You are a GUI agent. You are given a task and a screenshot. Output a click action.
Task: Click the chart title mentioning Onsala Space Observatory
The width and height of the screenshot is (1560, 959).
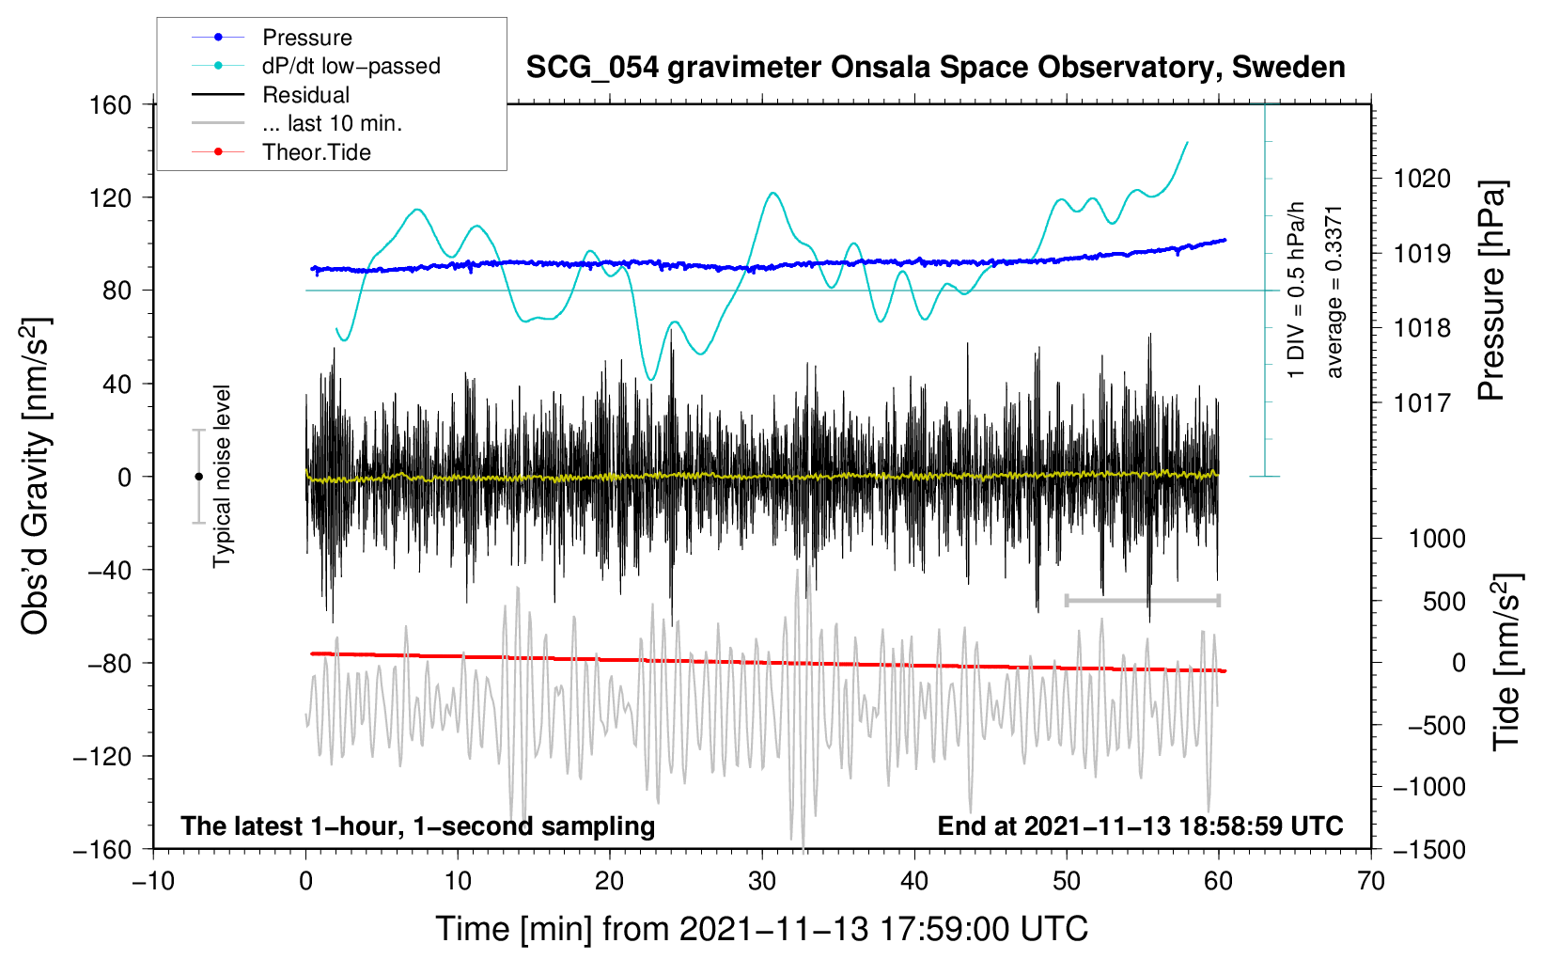[x=935, y=68]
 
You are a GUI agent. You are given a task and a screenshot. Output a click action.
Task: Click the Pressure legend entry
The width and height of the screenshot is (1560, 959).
[x=306, y=38]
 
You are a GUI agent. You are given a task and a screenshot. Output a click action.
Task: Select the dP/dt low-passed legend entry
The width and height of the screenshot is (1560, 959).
[x=351, y=66]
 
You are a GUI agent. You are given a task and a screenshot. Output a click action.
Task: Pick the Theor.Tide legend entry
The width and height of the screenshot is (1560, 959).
[x=316, y=152]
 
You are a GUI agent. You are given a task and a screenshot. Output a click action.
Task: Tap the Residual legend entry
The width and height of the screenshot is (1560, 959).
[x=305, y=95]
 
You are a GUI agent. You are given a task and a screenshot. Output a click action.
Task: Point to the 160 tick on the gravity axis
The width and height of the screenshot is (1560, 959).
[x=111, y=105]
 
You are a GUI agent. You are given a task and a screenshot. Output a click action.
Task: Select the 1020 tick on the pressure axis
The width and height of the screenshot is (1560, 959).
[x=1422, y=179]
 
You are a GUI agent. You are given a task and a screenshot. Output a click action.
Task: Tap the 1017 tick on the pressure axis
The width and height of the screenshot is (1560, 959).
[x=1422, y=403]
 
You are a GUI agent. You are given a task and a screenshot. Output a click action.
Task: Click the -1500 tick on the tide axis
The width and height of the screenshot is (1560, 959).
[x=1428, y=850]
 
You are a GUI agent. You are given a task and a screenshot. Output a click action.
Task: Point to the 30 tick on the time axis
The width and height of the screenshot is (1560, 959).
[x=762, y=882]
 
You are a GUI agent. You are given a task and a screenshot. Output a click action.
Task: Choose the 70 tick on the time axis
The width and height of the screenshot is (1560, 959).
[x=1371, y=882]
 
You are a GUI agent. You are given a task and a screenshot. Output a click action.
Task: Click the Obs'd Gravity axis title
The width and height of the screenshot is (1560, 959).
[x=36, y=476]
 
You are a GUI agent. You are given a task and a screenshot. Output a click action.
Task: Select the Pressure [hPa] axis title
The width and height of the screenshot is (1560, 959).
[x=1491, y=291]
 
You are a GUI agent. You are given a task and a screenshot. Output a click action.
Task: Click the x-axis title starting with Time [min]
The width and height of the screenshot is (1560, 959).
[x=762, y=929]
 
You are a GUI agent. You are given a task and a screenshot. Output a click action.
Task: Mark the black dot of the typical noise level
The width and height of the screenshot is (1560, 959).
[x=199, y=477]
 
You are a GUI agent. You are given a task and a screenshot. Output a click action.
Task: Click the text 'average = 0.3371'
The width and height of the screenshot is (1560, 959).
[x=1334, y=291]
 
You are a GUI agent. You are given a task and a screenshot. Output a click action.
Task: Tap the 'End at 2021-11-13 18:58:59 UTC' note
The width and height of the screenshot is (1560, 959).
[x=1140, y=826]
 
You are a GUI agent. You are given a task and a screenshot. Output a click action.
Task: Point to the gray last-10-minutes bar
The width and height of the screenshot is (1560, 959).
[x=1142, y=600]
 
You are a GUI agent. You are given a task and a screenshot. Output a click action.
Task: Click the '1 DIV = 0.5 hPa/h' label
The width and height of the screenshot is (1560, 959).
[x=1297, y=290]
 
